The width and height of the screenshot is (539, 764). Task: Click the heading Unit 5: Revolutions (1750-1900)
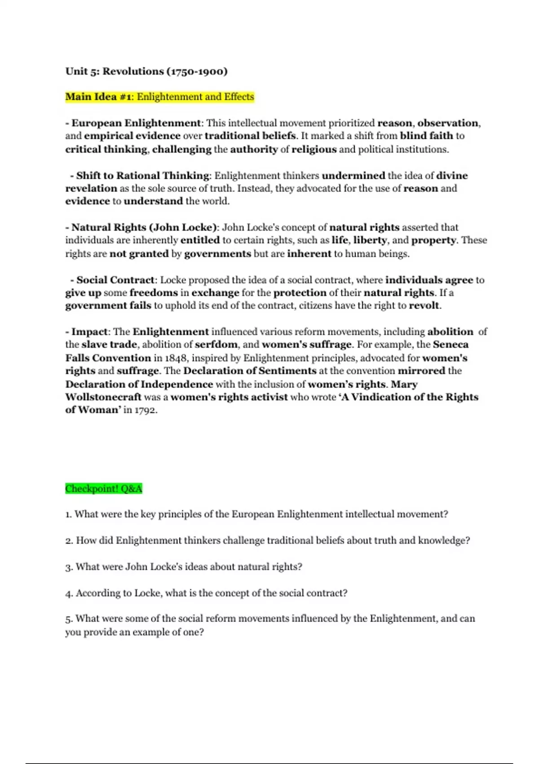[x=146, y=71]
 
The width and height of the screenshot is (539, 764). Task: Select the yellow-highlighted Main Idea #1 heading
[x=159, y=97]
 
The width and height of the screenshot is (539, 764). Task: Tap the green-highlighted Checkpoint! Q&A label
[x=103, y=489]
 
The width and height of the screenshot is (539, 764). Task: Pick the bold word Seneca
[x=451, y=345]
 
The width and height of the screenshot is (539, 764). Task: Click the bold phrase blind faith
[x=426, y=136]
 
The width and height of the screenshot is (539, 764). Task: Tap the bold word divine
[x=452, y=175]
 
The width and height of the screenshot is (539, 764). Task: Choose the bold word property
[x=433, y=240]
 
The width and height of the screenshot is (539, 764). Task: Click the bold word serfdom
[x=216, y=345]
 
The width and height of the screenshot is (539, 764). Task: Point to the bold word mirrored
[x=421, y=371]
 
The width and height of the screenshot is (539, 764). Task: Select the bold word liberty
[x=370, y=240]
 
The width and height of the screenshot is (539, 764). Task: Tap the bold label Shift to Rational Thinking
[x=142, y=175]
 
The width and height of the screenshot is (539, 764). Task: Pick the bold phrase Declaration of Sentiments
[x=250, y=371]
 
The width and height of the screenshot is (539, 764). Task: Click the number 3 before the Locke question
[x=68, y=567]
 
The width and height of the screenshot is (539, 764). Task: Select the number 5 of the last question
[x=68, y=619]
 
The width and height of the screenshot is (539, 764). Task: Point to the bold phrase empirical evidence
[x=132, y=136]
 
